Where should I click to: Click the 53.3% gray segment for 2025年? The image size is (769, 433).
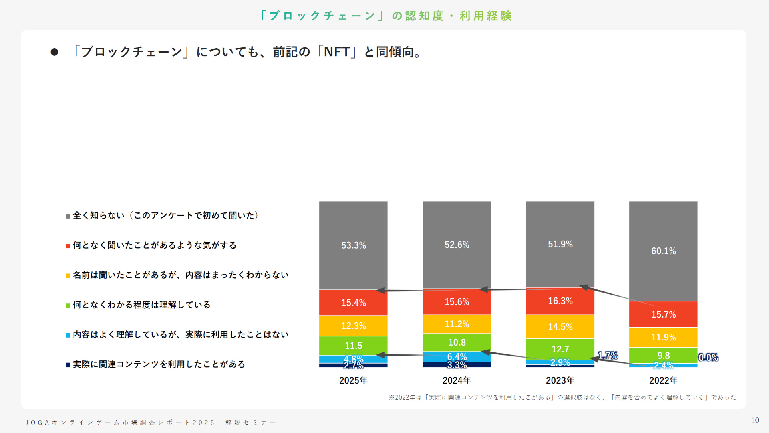(353, 245)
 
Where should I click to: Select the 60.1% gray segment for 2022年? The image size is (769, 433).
(663, 251)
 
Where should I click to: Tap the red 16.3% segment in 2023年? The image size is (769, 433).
(560, 301)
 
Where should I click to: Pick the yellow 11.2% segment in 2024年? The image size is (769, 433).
(457, 324)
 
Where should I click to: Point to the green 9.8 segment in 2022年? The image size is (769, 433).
(663, 355)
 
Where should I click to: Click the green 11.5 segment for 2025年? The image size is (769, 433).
(353, 345)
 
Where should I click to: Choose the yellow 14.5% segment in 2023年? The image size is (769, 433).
(560, 327)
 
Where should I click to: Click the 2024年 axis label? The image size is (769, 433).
(457, 380)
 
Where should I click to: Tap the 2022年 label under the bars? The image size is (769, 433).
(663, 380)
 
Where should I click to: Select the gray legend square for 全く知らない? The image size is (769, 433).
(68, 216)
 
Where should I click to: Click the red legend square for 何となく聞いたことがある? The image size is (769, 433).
(68, 246)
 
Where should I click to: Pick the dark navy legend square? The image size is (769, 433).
(68, 365)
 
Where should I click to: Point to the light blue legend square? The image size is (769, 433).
(68, 335)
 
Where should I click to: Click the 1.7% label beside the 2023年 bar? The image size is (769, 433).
(608, 356)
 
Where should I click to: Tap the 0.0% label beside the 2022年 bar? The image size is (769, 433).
(708, 358)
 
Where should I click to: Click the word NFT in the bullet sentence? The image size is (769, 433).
(337, 52)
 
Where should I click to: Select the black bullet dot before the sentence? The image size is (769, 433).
(54, 52)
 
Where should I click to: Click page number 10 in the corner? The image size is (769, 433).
(755, 420)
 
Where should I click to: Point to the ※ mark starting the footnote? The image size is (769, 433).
(391, 397)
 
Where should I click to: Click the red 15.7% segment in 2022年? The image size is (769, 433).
(663, 314)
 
